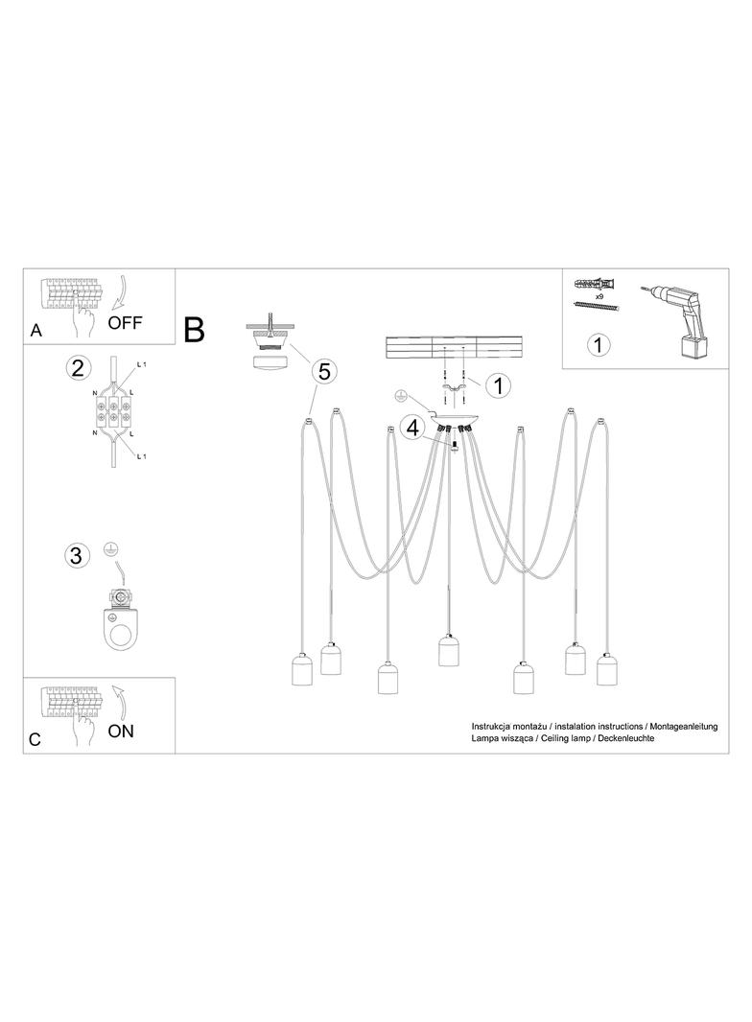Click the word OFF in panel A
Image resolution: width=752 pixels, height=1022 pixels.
[x=125, y=322]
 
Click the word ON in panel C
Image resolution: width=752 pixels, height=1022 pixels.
[x=121, y=731]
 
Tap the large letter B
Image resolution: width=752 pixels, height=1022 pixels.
[x=195, y=330]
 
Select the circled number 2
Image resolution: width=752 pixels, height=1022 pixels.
[x=77, y=369]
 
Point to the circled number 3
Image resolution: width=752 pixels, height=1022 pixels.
[x=77, y=555]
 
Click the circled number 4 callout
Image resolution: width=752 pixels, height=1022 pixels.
[x=412, y=429]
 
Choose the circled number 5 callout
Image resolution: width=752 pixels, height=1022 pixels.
[x=324, y=372]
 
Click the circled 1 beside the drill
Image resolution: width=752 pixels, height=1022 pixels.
[x=599, y=344]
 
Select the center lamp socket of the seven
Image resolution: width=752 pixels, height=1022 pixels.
[x=448, y=650]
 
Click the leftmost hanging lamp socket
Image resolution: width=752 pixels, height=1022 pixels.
[x=302, y=668]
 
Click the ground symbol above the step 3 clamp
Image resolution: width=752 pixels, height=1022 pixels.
[x=111, y=551]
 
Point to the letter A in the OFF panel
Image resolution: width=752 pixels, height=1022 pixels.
[x=35, y=331]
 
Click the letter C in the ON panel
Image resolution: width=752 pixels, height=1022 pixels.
[x=35, y=740]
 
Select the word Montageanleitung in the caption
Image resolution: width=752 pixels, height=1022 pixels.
[x=684, y=727]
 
